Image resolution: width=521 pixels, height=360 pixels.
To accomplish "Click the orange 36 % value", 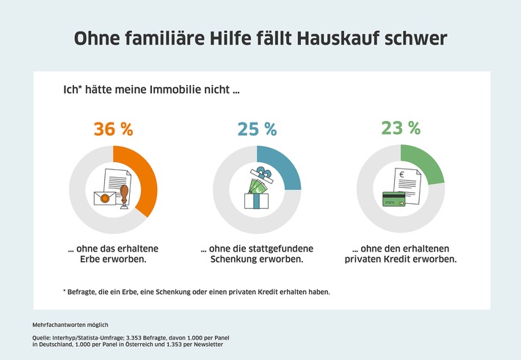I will point(114,130).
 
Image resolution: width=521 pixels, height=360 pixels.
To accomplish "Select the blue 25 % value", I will point(256,129).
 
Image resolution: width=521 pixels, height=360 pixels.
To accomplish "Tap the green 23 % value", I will point(400,128).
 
